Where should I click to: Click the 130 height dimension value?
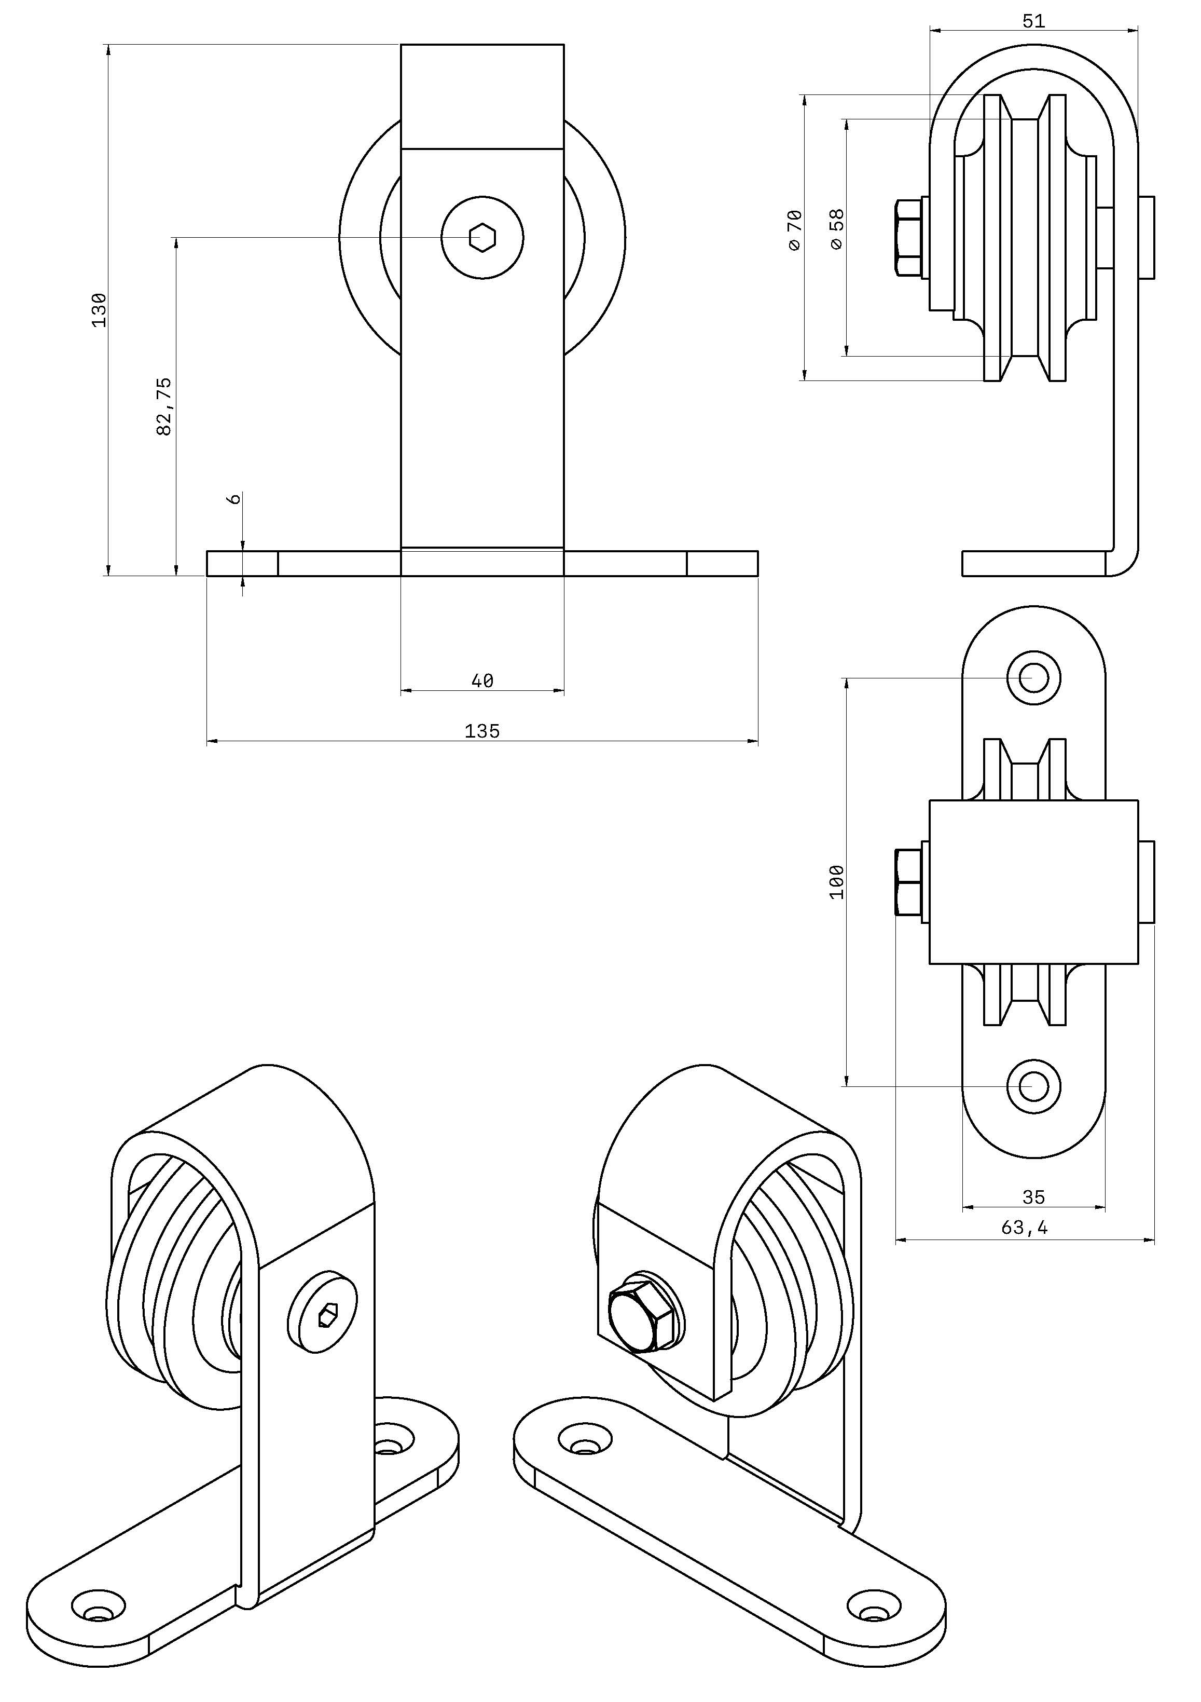(99, 310)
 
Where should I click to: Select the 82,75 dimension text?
(164, 406)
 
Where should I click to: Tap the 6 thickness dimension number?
(234, 499)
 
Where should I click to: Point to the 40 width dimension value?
(482, 680)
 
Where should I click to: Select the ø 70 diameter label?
(794, 230)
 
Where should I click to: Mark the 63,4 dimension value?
(1025, 1228)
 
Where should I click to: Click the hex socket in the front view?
(482, 237)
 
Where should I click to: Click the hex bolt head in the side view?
(908, 237)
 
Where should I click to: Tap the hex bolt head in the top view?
(908, 882)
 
